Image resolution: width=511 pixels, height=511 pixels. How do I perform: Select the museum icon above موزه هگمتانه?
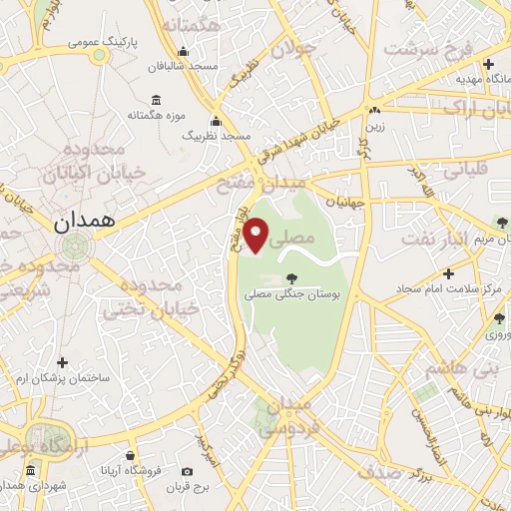tap(157, 100)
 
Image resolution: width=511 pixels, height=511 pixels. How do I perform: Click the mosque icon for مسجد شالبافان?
tap(183, 53)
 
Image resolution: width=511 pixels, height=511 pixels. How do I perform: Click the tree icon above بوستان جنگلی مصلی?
tap(291, 278)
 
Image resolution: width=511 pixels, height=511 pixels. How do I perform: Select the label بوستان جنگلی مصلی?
tap(292, 296)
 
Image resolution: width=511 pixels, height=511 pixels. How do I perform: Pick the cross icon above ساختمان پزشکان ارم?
tap(63, 362)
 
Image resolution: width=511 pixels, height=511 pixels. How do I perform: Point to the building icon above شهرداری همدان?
tap(31, 469)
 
